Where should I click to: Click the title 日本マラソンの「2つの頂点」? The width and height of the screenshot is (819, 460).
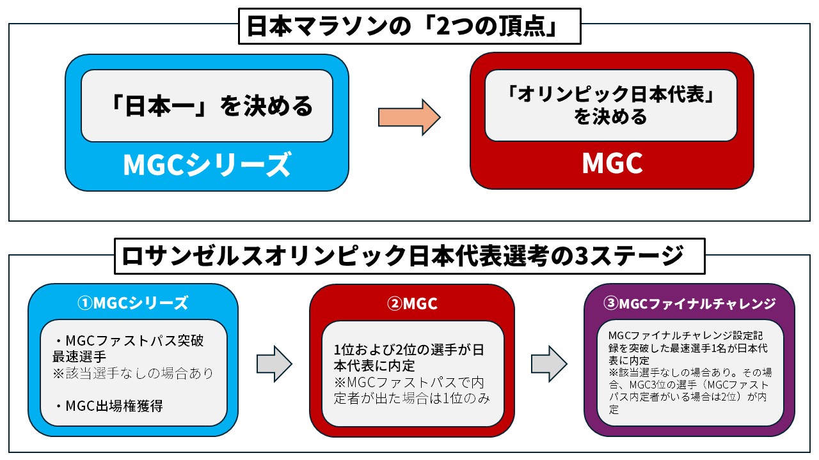pyautogui.click(x=409, y=26)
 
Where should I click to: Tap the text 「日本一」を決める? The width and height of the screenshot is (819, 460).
pyautogui.click(x=211, y=105)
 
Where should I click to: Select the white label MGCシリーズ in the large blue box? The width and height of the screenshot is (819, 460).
pyautogui.click(x=207, y=165)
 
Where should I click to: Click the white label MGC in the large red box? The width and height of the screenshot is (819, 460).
pyautogui.click(x=612, y=164)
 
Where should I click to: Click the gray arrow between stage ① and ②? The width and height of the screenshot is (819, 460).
pyautogui.click(x=274, y=364)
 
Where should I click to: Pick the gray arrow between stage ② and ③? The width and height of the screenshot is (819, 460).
pyautogui.click(x=550, y=364)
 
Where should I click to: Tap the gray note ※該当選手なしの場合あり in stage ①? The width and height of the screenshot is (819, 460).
pyautogui.click(x=133, y=373)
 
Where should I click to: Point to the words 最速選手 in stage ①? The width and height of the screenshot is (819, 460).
pyautogui.click(x=80, y=356)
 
